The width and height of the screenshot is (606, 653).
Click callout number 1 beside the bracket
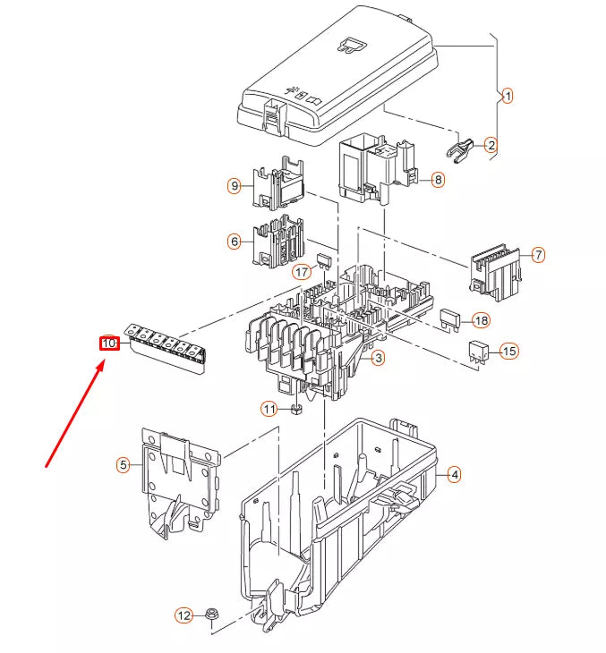[x=507, y=96]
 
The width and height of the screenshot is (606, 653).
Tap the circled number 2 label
[x=491, y=144]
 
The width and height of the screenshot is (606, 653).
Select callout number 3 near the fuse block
[x=379, y=358]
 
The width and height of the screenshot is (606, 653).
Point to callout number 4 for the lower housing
[x=454, y=475]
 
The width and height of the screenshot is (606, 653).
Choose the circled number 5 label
[x=124, y=464]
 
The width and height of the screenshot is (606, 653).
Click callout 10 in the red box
[x=109, y=343]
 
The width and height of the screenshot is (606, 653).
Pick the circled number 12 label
[x=184, y=615]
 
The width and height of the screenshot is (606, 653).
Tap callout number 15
[x=508, y=351]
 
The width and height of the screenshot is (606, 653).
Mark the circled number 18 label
[x=481, y=320]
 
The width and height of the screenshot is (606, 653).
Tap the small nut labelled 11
[x=295, y=410]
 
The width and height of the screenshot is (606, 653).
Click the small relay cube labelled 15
[x=478, y=350]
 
